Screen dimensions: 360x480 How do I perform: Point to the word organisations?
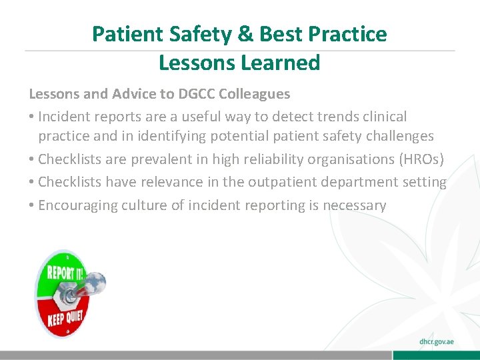pyautogui.click(x=344, y=160)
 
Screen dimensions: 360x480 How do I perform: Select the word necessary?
pyautogui.click(x=354, y=205)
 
